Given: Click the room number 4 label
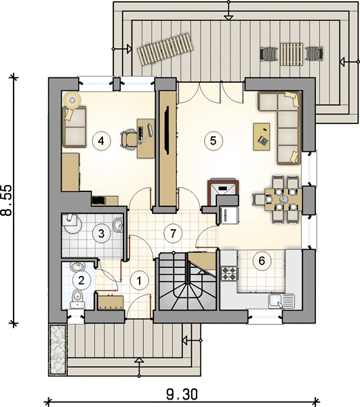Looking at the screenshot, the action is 102,141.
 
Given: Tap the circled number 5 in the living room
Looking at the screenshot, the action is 213,140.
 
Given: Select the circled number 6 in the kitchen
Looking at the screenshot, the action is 262,260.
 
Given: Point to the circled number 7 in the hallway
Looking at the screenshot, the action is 173,233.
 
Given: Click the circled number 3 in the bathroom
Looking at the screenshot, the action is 102,233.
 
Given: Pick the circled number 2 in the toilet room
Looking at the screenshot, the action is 81,280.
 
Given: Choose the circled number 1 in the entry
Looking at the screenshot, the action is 140,281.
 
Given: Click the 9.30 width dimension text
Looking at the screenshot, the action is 182,395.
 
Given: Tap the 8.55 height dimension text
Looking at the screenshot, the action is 7,200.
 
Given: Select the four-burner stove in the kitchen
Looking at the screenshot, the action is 230,273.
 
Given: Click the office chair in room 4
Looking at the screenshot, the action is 129,139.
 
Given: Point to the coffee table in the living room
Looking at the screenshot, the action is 262,136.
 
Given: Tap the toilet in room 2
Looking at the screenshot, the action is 77,298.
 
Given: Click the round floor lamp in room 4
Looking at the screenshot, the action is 72,100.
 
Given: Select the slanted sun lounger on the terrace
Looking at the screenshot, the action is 165,50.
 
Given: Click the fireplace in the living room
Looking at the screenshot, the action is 223,191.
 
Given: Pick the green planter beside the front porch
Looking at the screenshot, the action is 58,349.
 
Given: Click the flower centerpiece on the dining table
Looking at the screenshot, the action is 284,199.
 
